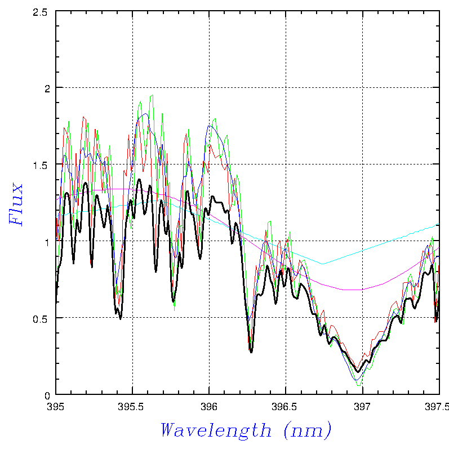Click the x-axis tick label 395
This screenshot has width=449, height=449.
[56, 405]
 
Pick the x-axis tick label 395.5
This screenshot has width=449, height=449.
[132, 405]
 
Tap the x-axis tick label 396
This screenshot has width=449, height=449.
[209, 405]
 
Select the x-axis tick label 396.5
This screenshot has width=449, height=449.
[286, 405]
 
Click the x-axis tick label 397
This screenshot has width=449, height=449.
[362, 405]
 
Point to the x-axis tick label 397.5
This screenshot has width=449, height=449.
[438, 405]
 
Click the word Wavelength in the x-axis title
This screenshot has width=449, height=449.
[216, 431]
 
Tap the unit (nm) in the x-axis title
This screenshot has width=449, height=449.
[307, 431]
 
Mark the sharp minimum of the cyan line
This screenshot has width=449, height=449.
[323, 264]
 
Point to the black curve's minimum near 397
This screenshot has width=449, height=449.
[358, 371]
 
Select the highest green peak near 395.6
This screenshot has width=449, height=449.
[152, 95]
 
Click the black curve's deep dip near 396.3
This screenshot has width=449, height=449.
[251, 352]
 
